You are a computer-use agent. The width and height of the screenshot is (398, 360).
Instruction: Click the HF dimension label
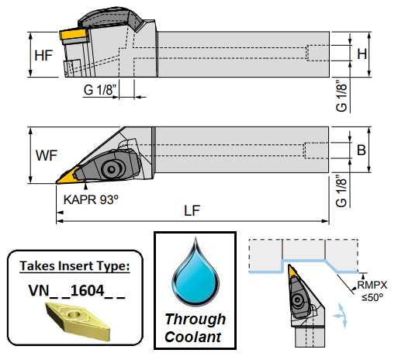coord(43,56)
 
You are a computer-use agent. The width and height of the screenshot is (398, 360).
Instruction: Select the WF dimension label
coord(47,155)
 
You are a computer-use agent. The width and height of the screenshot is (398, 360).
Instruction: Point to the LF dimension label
coord(192,210)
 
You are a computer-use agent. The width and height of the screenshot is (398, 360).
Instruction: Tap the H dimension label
coord(362,54)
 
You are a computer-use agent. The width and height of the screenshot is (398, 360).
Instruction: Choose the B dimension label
coord(362,150)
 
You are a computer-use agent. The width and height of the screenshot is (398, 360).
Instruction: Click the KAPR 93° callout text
coord(91,199)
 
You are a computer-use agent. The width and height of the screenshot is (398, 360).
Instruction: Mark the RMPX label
coord(372,285)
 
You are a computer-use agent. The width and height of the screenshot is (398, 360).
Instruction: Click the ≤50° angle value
coord(372,297)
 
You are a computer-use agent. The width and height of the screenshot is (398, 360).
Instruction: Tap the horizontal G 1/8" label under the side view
coord(100,90)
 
